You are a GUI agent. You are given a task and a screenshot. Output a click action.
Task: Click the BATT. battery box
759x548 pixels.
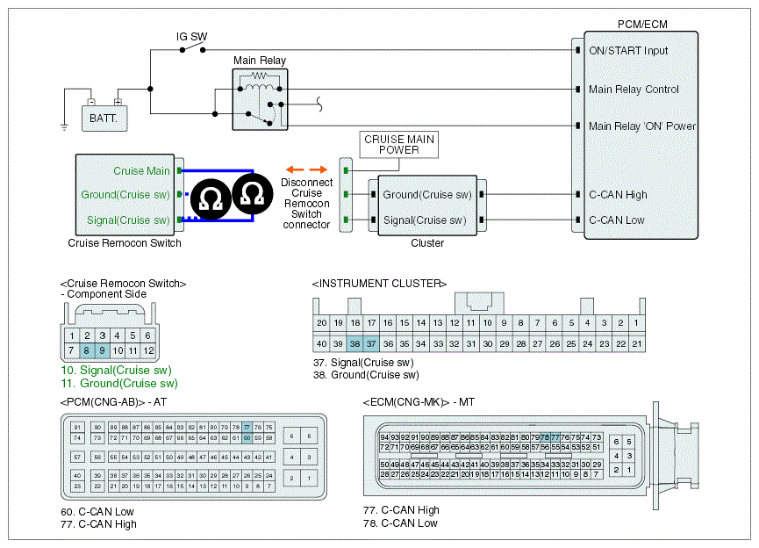tap(104, 115)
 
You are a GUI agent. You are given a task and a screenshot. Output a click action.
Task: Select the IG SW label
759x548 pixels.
tap(192, 37)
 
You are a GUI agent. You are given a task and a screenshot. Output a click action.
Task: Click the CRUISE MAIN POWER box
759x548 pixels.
tap(399, 145)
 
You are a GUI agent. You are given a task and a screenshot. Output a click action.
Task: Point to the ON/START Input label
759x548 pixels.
tap(628, 51)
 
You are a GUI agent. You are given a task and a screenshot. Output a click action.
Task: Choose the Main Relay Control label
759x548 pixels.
tap(634, 90)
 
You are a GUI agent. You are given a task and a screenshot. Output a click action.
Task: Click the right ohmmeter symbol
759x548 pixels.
tap(252, 193)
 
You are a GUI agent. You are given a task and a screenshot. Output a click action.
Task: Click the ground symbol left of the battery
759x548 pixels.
tap(64, 126)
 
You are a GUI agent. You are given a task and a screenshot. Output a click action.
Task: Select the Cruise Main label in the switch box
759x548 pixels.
tap(141, 170)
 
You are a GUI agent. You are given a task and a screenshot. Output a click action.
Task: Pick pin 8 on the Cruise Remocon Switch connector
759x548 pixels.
tap(88, 351)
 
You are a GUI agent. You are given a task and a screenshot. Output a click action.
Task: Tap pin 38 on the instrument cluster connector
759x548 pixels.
tap(354, 343)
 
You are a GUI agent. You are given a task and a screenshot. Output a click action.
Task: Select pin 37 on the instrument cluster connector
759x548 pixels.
tap(371, 343)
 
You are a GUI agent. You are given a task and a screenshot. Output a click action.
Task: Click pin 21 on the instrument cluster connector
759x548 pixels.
tap(638, 343)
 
